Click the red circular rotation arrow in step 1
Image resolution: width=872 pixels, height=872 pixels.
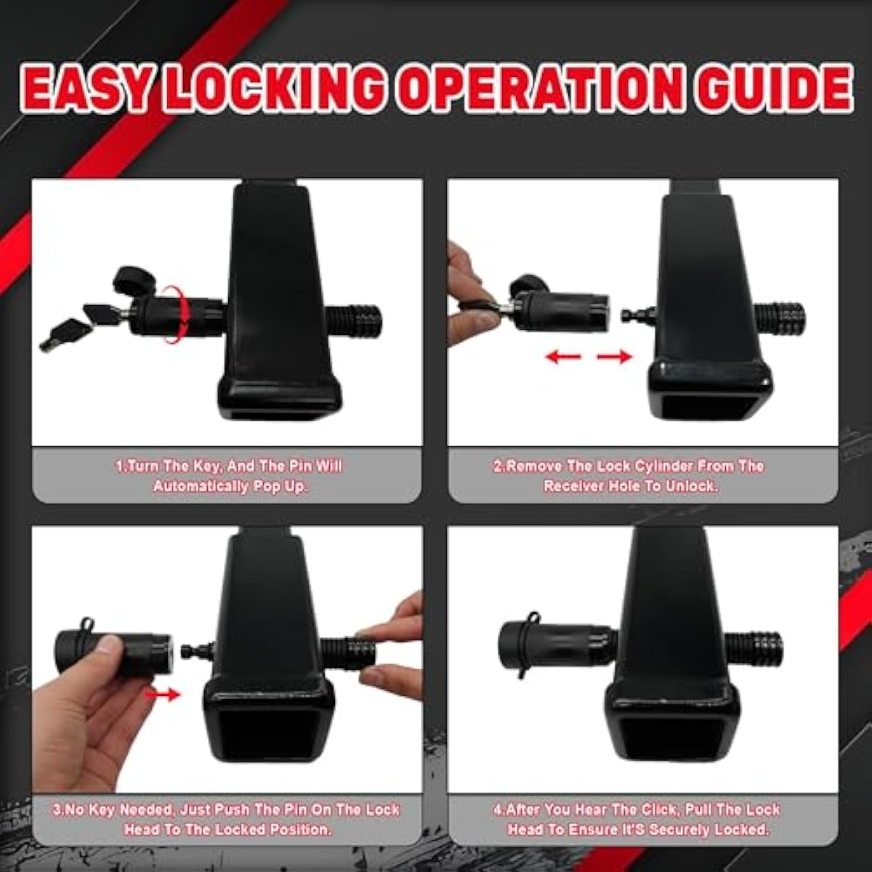[x=178, y=314]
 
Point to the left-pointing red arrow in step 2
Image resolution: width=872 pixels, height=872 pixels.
[x=563, y=357]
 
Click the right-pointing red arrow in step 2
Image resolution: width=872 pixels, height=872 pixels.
[x=614, y=357]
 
